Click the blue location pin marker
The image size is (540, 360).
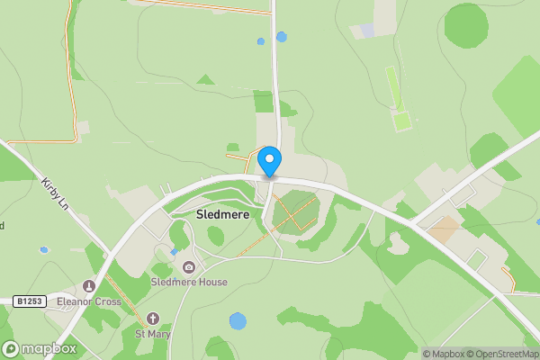pyautogui.click(x=269, y=161)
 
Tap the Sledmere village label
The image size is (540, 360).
pyautogui.click(x=222, y=216)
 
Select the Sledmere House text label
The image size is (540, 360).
pyautogui.click(x=189, y=282)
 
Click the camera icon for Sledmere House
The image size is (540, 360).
pyautogui.click(x=189, y=267)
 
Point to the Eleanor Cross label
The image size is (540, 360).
pyautogui.click(x=89, y=301)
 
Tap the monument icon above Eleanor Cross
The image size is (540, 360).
pyautogui.click(x=89, y=286)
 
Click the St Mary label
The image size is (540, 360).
pyautogui.click(x=152, y=334)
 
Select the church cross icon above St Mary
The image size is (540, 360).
pyautogui.click(x=152, y=319)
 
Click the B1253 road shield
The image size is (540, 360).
pyautogui.click(x=30, y=301)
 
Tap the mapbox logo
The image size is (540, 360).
pyautogui.click(x=40, y=348)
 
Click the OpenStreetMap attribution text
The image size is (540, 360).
pyautogui.click(x=499, y=354)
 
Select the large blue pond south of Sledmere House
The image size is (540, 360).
pyautogui.click(x=238, y=320)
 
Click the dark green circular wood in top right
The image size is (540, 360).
pyautogui.click(x=466, y=24)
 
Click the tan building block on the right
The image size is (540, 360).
pyautogui.click(x=442, y=229)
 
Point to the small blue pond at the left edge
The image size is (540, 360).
pyautogui.click(x=43, y=249)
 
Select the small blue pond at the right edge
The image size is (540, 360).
pyautogui.click(x=536, y=220)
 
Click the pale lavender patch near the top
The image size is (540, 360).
pyautogui.click(x=367, y=31)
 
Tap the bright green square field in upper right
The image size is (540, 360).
pyautogui.click(x=401, y=120)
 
